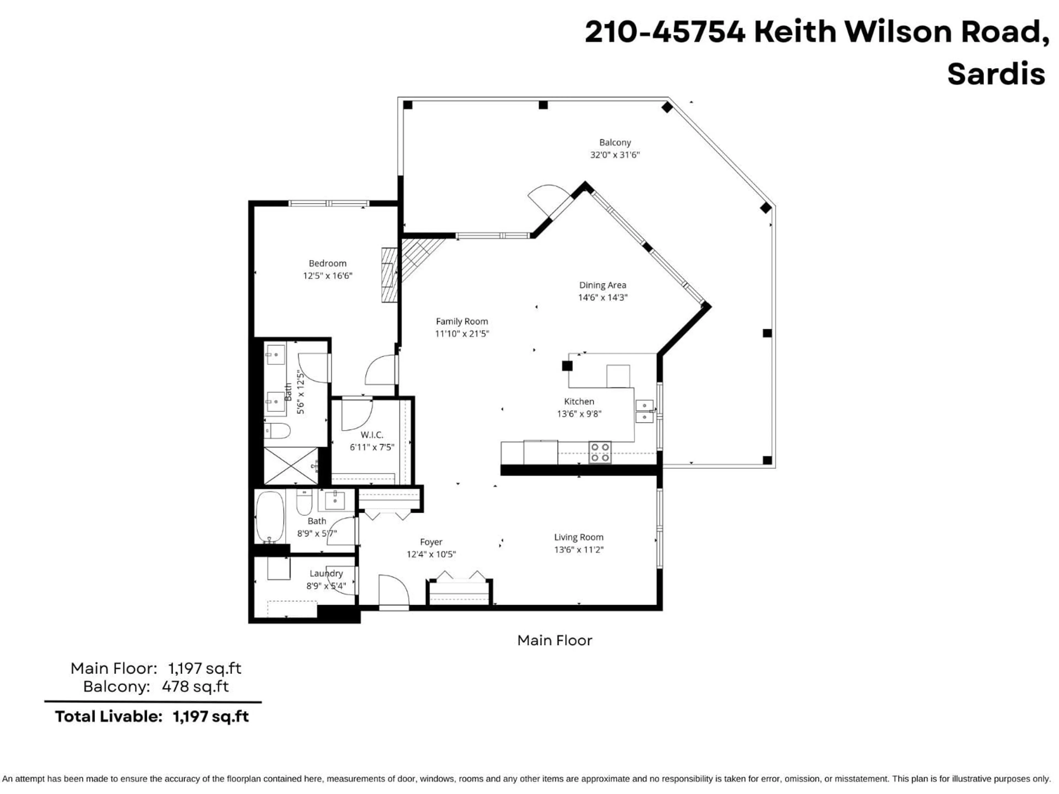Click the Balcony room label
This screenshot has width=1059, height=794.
(x=615, y=143)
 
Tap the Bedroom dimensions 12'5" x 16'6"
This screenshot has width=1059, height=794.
(x=327, y=276)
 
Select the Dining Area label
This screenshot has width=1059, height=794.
(x=602, y=285)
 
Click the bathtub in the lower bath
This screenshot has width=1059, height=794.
(x=270, y=517)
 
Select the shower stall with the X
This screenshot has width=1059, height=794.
(x=291, y=466)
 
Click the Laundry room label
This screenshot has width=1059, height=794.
(x=326, y=573)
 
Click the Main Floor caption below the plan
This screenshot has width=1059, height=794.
(x=554, y=640)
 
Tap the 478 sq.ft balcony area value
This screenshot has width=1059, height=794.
(x=195, y=686)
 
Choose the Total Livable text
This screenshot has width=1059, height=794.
(x=108, y=717)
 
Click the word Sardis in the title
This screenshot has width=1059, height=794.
(x=996, y=74)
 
